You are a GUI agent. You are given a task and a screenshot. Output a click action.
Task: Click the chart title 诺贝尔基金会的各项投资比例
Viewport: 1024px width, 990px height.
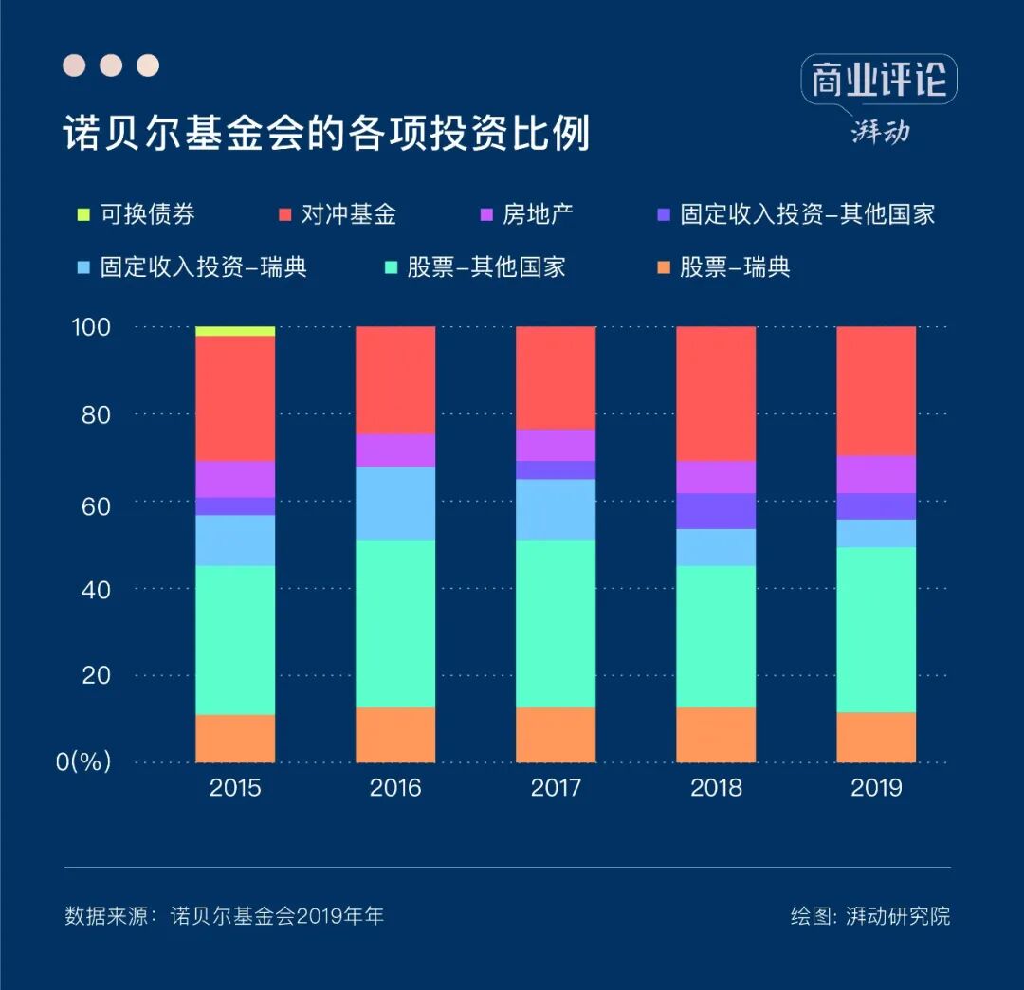326,134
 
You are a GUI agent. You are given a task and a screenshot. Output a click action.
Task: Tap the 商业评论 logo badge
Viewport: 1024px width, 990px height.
878,81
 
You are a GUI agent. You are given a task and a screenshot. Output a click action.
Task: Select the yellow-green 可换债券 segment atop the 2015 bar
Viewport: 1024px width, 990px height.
235,331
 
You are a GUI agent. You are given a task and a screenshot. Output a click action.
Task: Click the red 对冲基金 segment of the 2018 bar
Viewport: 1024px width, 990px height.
716,394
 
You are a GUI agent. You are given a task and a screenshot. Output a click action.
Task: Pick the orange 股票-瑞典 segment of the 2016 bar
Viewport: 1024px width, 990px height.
395,735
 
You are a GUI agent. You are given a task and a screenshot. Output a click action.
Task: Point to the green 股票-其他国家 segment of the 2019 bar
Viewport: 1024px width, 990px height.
876,630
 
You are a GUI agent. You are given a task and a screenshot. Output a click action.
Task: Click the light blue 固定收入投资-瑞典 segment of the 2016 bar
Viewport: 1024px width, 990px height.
395,504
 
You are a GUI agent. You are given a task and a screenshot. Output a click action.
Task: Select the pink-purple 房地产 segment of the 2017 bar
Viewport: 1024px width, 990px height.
556,445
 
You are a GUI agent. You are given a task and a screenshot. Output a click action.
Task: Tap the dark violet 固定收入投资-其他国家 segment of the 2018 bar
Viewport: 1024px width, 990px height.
716,511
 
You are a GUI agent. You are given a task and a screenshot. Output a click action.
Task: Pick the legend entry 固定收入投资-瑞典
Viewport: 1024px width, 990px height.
203,267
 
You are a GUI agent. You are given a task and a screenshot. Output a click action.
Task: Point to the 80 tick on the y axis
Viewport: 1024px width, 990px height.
93,414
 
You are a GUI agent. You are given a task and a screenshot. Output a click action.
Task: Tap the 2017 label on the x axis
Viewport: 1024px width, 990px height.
556,788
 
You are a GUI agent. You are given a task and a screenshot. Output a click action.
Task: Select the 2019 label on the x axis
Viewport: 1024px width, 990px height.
876,788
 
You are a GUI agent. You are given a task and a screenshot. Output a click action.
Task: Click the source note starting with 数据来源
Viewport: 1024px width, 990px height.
225,916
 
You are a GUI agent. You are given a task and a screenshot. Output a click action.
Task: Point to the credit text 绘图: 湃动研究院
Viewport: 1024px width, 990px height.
870,916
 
